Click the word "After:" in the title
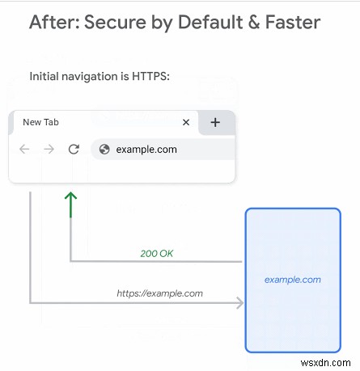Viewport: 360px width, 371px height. [x=54, y=22]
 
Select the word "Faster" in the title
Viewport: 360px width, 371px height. [x=293, y=22]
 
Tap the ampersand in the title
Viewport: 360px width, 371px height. [x=254, y=22]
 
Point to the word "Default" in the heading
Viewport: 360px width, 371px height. [x=210, y=22]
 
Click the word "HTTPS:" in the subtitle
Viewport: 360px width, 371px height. [x=150, y=76]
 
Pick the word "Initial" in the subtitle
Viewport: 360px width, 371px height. [x=44, y=76]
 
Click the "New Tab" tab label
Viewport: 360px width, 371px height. [x=40, y=122]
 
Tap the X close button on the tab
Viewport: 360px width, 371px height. [x=186, y=122]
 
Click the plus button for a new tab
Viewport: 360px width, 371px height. [x=215, y=122]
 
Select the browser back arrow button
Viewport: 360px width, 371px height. [x=24, y=149]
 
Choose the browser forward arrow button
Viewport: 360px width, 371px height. [x=49, y=149]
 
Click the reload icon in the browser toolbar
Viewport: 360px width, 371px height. [x=74, y=149]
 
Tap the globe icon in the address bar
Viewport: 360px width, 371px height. [x=104, y=149]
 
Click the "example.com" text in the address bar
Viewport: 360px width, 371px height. [x=146, y=150]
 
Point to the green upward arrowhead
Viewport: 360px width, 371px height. [x=70, y=196]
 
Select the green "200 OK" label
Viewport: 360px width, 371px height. [x=157, y=253]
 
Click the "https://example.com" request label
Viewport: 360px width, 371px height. [x=159, y=293]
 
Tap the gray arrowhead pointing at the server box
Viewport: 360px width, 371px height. [x=240, y=303]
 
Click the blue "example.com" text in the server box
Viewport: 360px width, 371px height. [x=293, y=280]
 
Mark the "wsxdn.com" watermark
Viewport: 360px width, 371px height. [x=326, y=363]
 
